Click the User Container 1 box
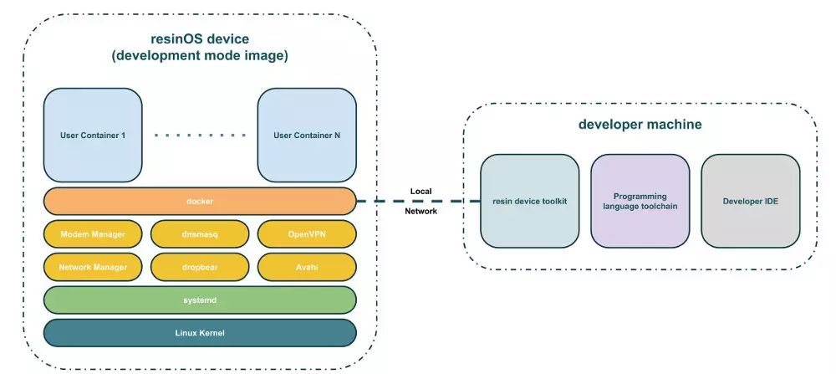93,135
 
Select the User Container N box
307,135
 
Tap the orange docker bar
200,201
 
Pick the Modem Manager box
93,234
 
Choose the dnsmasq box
200,234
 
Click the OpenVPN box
307,234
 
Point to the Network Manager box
93,267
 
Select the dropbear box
200,267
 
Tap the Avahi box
307,267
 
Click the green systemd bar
200,300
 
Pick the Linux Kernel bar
200,333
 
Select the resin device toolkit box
529,201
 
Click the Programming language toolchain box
640,201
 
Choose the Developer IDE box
750,201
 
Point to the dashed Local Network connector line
419,201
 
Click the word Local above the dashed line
421,191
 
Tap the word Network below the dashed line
421,212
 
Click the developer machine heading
640,125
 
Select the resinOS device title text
200,39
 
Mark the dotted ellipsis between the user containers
200,136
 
